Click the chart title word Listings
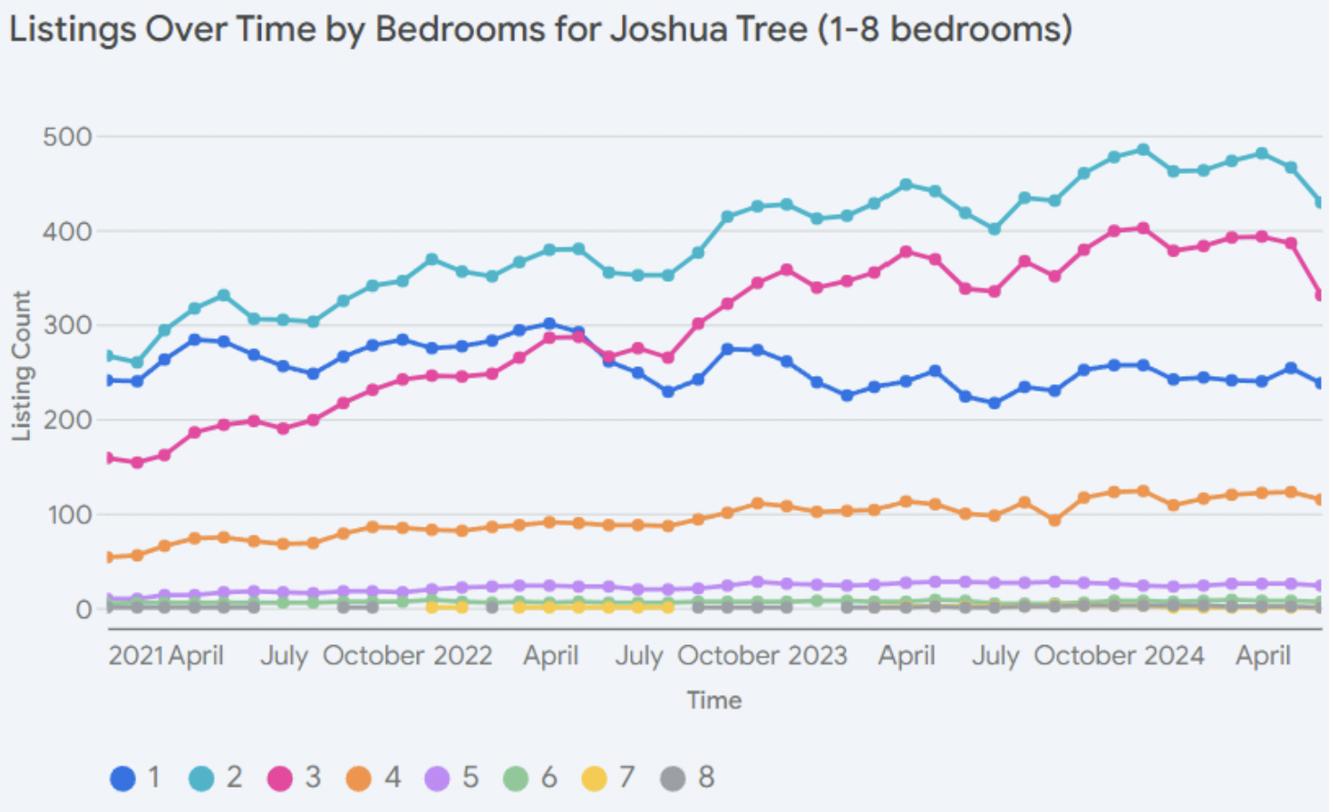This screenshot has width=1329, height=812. [73, 30]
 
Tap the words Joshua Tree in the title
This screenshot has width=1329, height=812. [708, 30]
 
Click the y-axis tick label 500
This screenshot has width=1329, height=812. [67, 137]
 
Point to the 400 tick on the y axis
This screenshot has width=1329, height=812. [67, 231]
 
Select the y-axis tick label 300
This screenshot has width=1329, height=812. [67, 325]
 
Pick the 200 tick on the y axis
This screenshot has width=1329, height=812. [67, 420]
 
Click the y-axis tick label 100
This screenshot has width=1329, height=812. [67, 515]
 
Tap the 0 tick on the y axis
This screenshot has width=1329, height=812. [83, 609]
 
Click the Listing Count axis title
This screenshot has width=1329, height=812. [21, 365]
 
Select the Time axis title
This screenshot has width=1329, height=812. [714, 701]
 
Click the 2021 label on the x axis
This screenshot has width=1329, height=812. [136, 656]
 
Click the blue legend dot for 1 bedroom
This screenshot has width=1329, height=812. [122, 778]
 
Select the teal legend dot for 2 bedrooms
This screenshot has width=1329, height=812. [201, 778]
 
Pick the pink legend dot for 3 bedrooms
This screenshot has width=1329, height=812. [280, 778]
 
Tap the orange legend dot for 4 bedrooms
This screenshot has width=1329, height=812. [359, 778]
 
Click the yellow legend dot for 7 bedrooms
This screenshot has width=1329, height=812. [594, 778]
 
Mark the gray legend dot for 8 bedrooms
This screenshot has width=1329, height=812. [673, 778]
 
